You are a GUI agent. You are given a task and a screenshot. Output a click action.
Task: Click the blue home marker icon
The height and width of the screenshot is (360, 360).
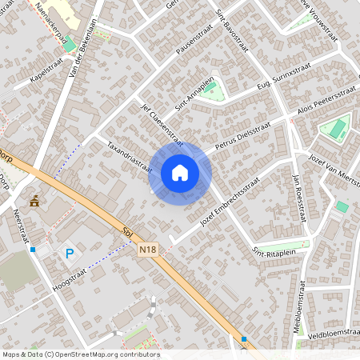click(x=180, y=173)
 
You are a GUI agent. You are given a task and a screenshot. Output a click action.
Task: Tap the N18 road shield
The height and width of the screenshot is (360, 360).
click(x=148, y=251)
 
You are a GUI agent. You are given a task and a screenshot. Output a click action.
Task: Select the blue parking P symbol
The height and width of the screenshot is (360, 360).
click(x=69, y=254)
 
